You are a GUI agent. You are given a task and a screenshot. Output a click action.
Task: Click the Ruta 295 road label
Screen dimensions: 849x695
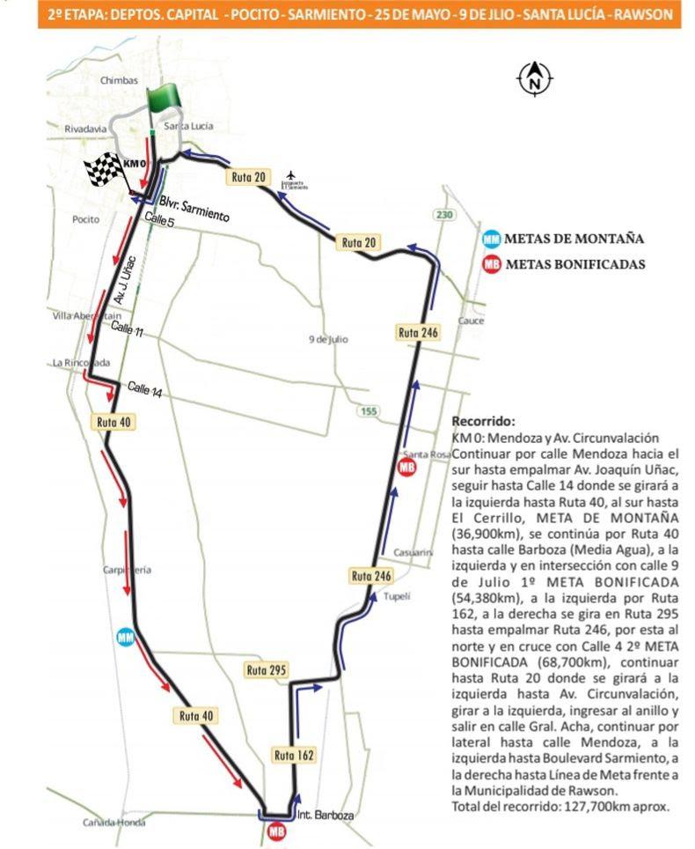click(x=267, y=670)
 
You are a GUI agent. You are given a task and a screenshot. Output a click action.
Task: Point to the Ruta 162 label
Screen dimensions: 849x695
click(x=293, y=755)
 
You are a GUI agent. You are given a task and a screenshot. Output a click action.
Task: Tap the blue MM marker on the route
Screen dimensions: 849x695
click(x=126, y=636)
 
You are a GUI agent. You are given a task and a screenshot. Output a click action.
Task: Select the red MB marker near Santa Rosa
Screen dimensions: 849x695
click(x=406, y=467)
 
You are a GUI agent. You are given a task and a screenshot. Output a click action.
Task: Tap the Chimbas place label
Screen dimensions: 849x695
click(x=121, y=80)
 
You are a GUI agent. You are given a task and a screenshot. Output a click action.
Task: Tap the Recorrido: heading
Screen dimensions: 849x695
click(x=483, y=421)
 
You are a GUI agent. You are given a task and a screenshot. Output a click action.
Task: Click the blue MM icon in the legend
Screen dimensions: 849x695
click(x=493, y=239)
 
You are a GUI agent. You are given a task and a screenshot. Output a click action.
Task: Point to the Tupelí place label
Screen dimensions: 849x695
click(x=398, y=596)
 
